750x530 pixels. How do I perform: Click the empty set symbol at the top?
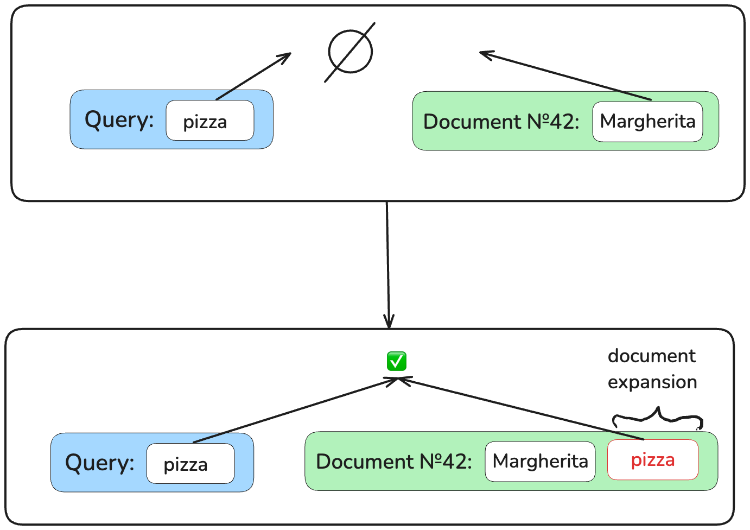coord(351,52)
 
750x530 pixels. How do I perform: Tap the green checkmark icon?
coord(396,361)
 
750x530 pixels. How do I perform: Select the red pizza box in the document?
coord(653,460)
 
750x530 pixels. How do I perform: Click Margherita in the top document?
coord(647,122)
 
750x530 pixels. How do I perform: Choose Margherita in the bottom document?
coord(540,462)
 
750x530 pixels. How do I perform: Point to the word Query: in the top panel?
coord(119,119)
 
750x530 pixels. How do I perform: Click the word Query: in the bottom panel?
coord(100,463)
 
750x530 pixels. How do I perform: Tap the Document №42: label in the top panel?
coord(501,122)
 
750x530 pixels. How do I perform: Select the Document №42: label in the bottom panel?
coord(394,462)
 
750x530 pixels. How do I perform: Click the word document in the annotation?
coord(651,356)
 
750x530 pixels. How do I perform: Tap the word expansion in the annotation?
coord(652,382)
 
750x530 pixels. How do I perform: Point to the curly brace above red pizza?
coord(658,417)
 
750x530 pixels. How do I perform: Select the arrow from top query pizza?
coord(253,77)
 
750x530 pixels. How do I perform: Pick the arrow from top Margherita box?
coord(564,76)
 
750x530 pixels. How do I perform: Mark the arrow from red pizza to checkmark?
coord(521,408)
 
